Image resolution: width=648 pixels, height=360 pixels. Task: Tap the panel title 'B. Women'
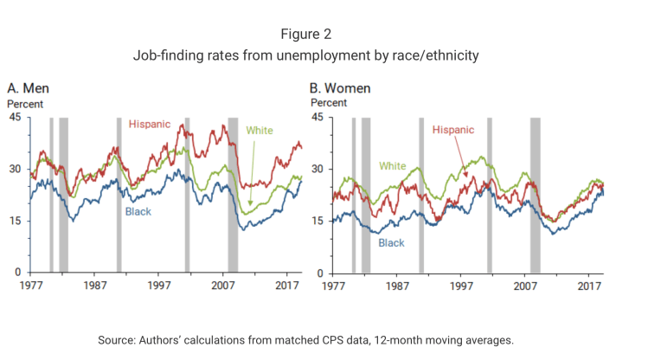click(340, 89)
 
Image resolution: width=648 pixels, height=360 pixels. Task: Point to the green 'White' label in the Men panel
click(260, 131)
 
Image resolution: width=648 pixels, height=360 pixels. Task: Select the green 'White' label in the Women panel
click(394, 165)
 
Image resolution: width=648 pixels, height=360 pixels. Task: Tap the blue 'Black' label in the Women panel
click(391, 243)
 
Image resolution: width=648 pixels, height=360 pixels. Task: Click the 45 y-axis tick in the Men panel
click(15, 117)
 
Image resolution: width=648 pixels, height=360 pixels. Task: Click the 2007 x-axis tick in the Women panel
click(526, 285)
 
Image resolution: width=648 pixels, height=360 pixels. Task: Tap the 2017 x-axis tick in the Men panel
click(287, 285)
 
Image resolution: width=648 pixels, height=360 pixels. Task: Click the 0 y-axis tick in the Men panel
click(18, 273)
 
